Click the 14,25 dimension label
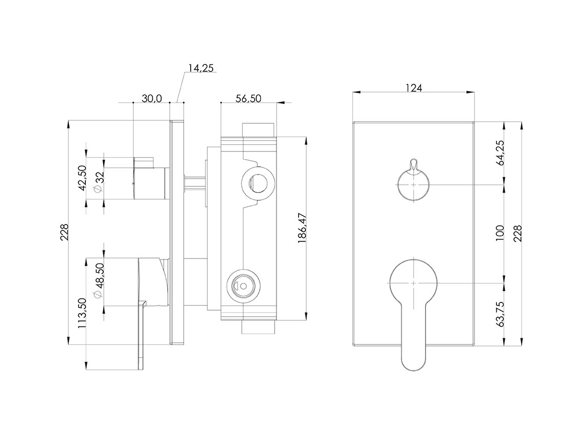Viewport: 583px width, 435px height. click(x=201, y=68)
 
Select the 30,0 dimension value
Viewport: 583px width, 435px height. click(x=152, y=99)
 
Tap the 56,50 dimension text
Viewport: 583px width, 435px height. click(x=249, y=99)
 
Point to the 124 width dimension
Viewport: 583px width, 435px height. click(x=414, y=88)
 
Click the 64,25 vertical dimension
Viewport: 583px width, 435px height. click(x=500, y=153)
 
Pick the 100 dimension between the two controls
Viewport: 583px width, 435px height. click(x=500, y=233)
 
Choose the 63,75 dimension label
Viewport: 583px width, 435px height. click(x=500, y=314)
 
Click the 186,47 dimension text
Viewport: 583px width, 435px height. click(x=302, y=228)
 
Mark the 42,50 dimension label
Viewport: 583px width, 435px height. click(x=82, y=178)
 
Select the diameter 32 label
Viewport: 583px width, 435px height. click(x=99, y=182)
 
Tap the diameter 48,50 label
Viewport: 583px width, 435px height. click(x=99, y=280)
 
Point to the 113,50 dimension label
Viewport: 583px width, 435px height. click(x=82, y=313)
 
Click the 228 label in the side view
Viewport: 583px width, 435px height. click(x=64, y=232)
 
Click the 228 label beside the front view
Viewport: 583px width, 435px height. click(x=518, y=233)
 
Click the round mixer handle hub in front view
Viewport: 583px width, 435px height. click(x=413, y=283)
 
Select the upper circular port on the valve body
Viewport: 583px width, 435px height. click(x=257, y=183)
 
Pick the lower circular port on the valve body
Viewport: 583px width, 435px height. click(x=243, y=286)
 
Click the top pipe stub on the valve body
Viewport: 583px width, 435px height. click(x=258, y=130)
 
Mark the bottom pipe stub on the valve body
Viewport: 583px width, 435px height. click(x=258, y=327)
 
